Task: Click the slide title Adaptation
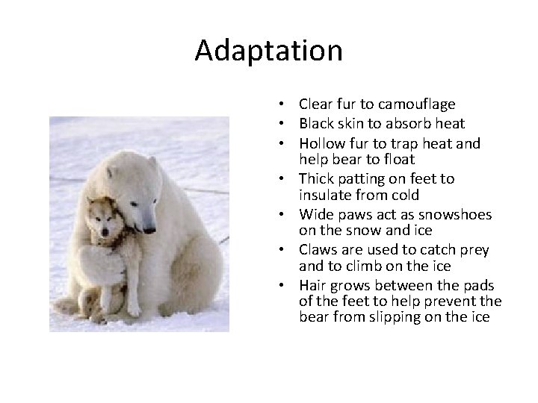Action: click(268, 51)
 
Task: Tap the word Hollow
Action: click(319, 142)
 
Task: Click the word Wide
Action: click(313, 214)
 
